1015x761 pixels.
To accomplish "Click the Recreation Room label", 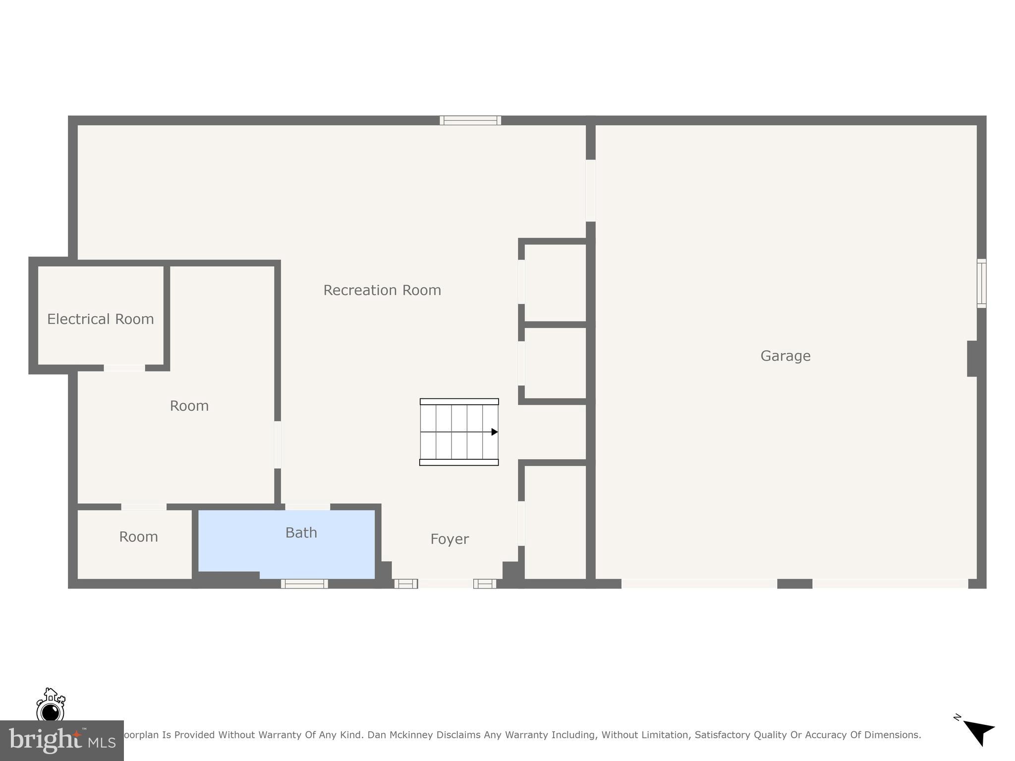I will pos(382,290).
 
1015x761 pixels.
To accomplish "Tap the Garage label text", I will pos(786,356).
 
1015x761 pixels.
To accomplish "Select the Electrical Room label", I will pos(101,319).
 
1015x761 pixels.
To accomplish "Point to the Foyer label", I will pos(450,539).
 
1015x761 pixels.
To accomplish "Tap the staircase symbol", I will pos(459,432).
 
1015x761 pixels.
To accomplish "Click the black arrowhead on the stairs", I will pos(494,432).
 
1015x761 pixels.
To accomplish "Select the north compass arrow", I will pos(979,732).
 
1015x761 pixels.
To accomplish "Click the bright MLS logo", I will pos(61,741).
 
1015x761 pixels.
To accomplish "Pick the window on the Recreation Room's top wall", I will pos(470,120).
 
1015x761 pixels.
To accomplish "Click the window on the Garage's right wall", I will pos(981,283).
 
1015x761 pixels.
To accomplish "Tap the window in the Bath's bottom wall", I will pos(304,584).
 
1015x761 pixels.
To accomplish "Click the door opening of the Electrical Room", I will pos(124,368).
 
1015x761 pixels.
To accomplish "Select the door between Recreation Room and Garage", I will pos(590,190).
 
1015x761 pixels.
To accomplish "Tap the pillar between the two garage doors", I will pos(794,584).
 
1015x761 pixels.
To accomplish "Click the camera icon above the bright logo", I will pos(51,706).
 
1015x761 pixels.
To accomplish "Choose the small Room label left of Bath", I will pos(138,537).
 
